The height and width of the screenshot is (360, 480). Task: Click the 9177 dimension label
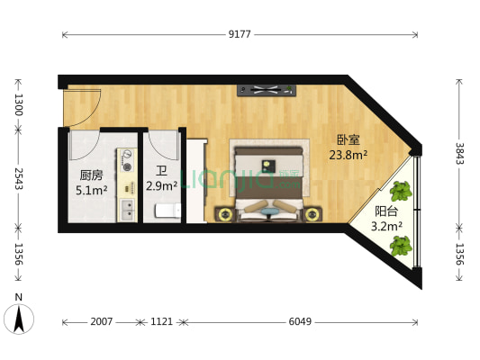239,34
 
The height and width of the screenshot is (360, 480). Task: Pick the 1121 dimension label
162,321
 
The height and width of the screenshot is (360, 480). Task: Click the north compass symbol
18,317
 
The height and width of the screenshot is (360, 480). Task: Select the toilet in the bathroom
164,211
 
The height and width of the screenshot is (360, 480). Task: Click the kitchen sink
128,211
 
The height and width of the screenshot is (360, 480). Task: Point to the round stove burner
127,166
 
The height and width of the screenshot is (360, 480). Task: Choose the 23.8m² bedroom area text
349,154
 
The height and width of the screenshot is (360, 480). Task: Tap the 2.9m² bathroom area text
162,186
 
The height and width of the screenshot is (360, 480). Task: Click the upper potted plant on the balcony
401,191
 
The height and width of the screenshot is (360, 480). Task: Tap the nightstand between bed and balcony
312,214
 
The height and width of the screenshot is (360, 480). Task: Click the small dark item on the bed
267,164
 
